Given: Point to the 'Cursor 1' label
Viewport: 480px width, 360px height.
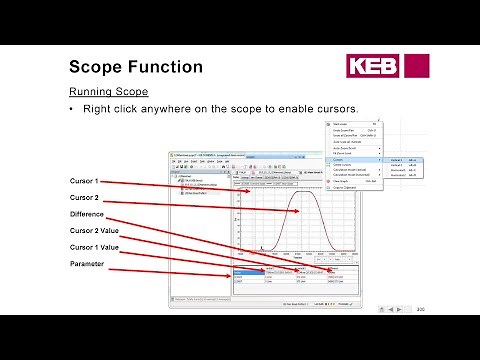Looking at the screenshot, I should click(x=84, y=181).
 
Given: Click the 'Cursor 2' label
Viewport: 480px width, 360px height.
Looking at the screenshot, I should click(x=84, y=198).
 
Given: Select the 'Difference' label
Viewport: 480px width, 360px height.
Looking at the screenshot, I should click(x=86, y=214).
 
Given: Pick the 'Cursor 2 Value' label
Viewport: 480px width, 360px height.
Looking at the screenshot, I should click(x=94, y=230).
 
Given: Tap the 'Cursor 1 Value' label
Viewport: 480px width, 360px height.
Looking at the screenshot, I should click(x=94, y=246).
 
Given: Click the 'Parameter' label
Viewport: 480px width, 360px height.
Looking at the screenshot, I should click(x=86, y=263).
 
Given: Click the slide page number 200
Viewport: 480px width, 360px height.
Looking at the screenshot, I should click(x=420, y=308).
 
